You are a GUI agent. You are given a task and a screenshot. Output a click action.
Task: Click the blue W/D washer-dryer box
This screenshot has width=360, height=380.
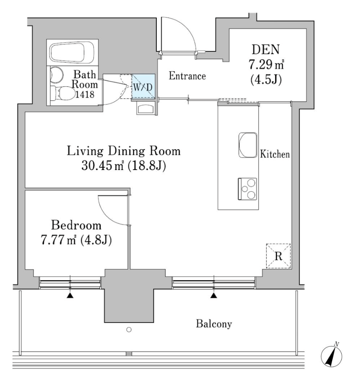[143, 86]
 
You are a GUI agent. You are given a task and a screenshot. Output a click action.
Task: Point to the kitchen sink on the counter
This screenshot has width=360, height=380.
[248, 145]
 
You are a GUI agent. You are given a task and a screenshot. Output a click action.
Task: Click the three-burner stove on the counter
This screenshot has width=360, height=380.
[247, 189]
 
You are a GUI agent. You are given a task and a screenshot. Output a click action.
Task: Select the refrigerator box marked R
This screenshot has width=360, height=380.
[278, 256]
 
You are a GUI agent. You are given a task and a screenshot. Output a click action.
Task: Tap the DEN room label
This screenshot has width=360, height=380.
[266, 49]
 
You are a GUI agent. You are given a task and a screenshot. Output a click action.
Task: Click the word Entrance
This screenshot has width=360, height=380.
[187, 76]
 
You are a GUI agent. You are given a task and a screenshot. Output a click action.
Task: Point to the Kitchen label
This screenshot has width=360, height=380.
[275, 154]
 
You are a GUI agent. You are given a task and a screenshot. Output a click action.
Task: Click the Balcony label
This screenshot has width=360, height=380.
[214, 324]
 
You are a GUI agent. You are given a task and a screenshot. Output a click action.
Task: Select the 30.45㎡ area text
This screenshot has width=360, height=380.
[102, 166]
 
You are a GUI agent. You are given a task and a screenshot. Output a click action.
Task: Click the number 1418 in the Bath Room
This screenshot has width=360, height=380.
[84, 94]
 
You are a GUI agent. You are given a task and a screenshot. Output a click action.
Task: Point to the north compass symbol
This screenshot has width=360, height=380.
[331, 355]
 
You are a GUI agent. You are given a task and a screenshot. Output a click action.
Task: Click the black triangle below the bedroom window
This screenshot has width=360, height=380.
[70, 296]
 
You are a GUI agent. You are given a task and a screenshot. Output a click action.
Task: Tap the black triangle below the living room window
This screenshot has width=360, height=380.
[214, 296]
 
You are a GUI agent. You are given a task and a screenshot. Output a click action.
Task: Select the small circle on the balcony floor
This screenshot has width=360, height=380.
[129, 329]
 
